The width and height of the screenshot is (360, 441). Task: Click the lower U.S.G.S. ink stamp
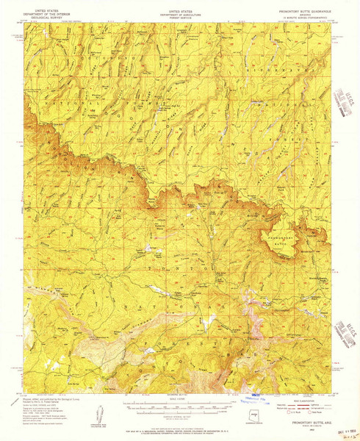pyautogui.click(x=340, y=324)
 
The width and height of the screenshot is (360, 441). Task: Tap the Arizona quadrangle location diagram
pyautogui.click(x=253, y=415)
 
